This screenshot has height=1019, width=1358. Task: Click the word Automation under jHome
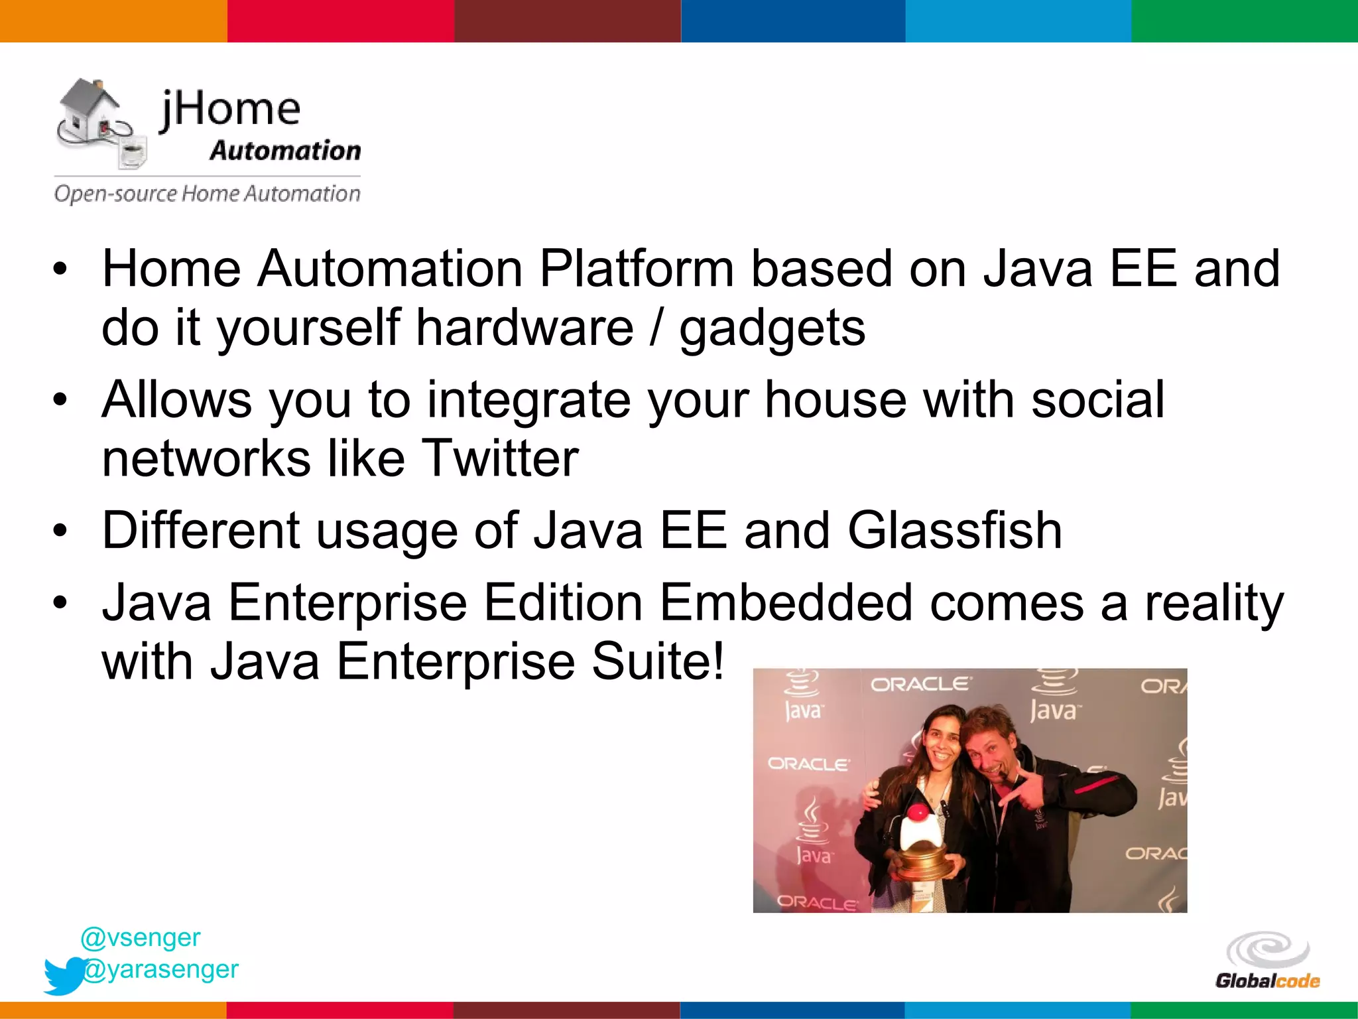(x=285, y=151)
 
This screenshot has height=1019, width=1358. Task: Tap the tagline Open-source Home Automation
(x=207, y=194)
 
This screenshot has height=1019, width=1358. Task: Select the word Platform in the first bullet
(x=636, y=269)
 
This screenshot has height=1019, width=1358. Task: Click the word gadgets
(x=772, y=329)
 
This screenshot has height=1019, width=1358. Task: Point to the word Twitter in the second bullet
(x=500, y=458)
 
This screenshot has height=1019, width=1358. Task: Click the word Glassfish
(x=955, y=531)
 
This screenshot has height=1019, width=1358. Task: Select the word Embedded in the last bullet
(x=786, y=602)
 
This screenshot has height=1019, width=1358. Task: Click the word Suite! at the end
(x=657, y=661)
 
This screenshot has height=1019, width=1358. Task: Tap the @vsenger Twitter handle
(x=140, y=937)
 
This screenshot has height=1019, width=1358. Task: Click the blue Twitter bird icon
(x=64, y=975)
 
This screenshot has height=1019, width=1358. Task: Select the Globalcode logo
(x=1267, y=961)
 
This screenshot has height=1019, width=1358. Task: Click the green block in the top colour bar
(x=1244, y=21)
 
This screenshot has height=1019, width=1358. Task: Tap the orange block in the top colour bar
(x=113, y=21)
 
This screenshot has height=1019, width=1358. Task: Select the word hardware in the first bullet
(x=524, y=329)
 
